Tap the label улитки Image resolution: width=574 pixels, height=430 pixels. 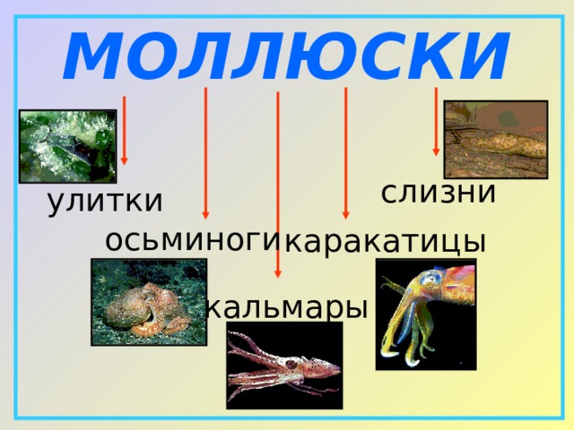pos(105,202)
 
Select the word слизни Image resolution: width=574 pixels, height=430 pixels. pos(438,192)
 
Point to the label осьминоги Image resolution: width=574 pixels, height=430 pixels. pos(193,240)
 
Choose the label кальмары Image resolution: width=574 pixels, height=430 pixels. pos(287,307)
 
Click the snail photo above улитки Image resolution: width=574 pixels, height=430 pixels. pos(67,146)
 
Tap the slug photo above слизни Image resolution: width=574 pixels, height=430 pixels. pos(495,139)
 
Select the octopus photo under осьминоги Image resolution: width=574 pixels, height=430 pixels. pos(149,302)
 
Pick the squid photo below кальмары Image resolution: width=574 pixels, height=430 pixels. pos(283,365)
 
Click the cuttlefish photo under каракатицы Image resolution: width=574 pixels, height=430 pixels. pos(425,314)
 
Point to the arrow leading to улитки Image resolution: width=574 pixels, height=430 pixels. pos(124,130)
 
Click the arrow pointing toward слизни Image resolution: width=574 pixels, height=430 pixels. pos(436,121)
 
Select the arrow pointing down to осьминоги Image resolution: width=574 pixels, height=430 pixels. pos(205,152)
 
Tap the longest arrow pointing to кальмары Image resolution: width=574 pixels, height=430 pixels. pos(278,184)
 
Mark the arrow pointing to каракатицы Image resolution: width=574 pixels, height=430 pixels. pos(345,152)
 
